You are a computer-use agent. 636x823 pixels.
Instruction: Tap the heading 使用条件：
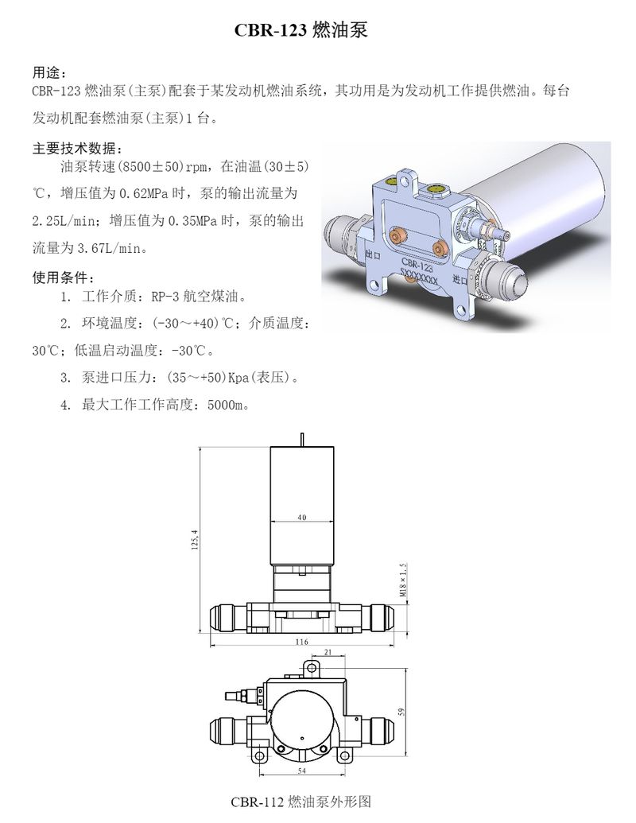point(63,278)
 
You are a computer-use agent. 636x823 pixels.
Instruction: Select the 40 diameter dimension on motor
point(301,518)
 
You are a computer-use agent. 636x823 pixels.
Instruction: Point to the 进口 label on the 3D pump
point(459,280)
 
